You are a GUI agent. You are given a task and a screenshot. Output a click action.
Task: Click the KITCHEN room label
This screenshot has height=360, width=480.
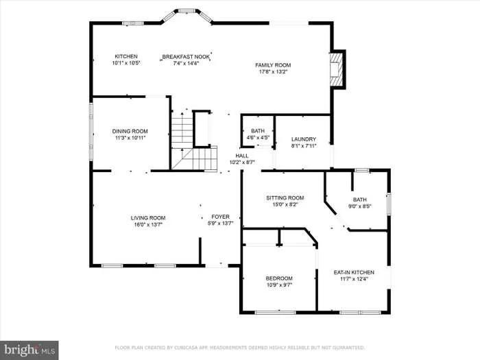(x=126, y=56)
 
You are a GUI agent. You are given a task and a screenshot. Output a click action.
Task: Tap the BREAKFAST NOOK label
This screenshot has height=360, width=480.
(x=186, y=57)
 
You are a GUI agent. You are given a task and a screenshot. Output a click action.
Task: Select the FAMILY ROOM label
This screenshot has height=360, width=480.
(x=273, y=65)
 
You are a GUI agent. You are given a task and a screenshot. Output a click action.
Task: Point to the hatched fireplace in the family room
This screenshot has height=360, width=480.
(x=336, y=69)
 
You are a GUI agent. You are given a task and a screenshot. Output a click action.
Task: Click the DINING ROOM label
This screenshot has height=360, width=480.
(x=130, y=131)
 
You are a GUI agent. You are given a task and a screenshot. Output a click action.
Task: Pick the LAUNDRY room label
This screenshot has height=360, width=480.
(x=304, y=139)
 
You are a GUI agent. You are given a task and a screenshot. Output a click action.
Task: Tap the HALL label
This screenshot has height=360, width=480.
(x=242, y=156)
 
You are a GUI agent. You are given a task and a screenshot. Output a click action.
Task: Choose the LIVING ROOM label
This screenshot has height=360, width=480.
(x=148, y=218)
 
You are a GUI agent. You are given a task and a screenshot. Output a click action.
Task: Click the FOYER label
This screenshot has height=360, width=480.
(x=220, y=217)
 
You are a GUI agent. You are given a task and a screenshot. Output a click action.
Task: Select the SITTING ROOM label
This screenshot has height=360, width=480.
(x=285, y=197)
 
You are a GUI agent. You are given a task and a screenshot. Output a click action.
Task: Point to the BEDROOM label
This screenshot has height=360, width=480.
(x=279, y=278)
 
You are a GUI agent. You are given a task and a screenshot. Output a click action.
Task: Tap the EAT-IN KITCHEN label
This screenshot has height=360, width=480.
(x=354, y=272)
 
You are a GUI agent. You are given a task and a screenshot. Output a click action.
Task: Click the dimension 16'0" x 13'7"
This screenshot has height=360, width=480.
(x=148, y=225)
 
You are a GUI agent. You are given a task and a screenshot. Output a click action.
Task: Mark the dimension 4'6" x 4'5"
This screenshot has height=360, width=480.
(x=258, y=138)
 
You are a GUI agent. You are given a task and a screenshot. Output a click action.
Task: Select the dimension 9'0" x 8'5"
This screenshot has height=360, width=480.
(x=360, y=206)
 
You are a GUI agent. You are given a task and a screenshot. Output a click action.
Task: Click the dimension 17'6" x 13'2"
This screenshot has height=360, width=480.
(x=273, y=72)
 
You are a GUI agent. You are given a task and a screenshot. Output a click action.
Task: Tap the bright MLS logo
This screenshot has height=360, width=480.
(x=29, y=350)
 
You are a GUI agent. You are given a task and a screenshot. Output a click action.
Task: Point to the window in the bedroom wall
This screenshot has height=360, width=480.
(x=276, y=312)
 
